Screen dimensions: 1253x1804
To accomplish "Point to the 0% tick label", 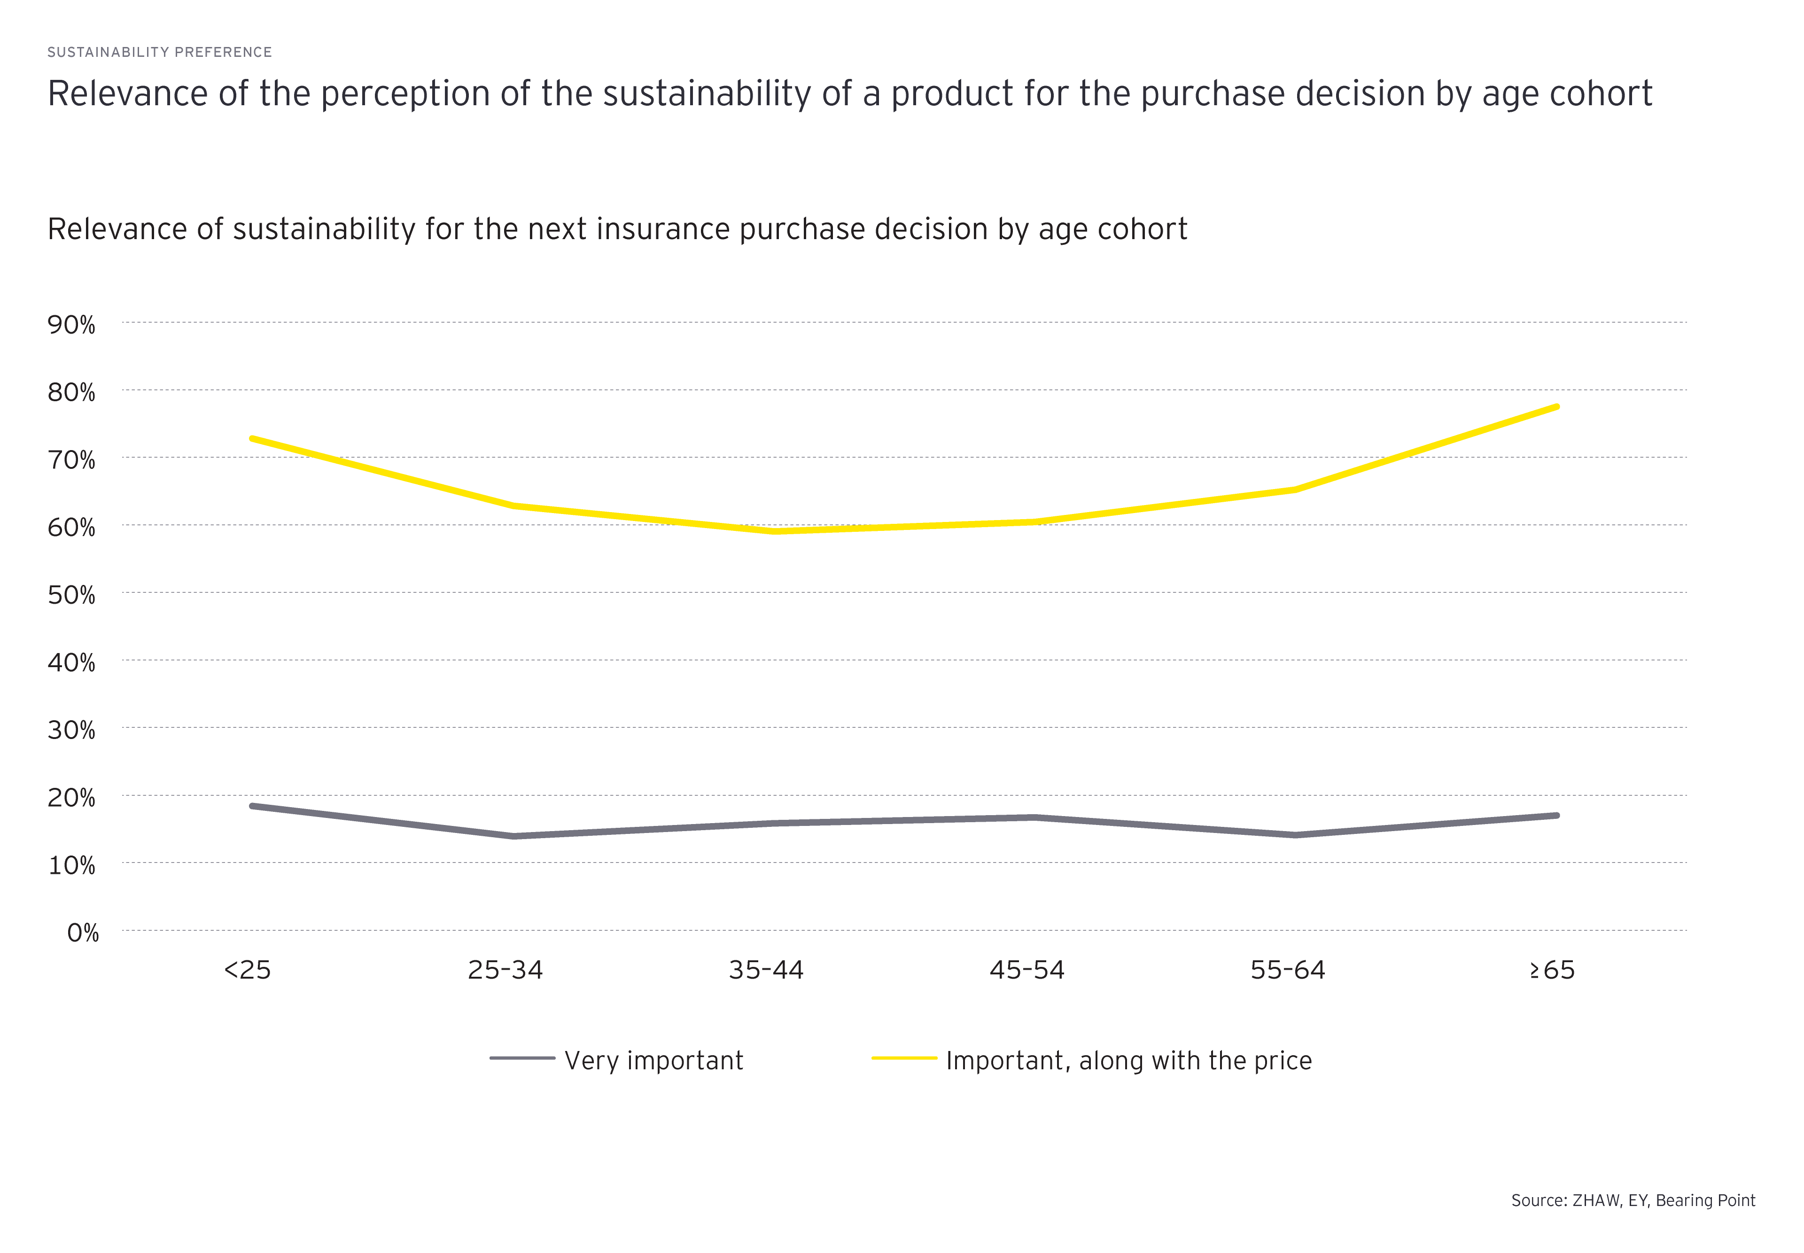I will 82,933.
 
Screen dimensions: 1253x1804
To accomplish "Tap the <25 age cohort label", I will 247,970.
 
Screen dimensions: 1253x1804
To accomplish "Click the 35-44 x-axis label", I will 766,970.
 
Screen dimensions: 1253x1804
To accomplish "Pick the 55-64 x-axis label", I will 1287,970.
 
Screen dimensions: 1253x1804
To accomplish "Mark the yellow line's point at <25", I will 251,438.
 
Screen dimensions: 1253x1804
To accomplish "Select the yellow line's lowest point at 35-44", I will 776,531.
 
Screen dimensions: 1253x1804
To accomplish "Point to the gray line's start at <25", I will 251,805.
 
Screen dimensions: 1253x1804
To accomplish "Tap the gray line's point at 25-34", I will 513,836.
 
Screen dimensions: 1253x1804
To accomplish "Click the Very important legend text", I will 653,1061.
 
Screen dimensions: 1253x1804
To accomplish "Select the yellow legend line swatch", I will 904,1058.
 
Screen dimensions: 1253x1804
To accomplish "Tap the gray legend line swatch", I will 522,1058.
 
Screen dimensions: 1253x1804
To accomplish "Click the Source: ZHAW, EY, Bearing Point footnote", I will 1633,1200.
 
